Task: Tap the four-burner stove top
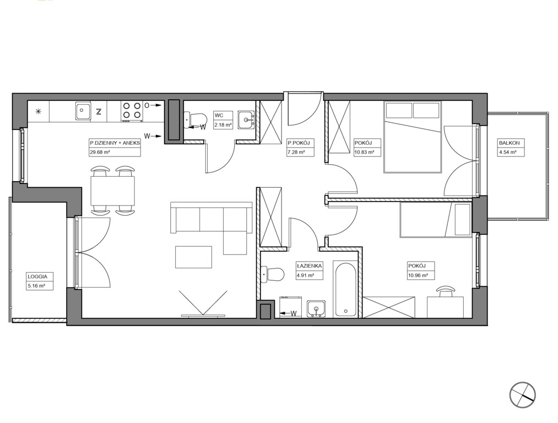[131, 110]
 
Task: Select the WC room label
[219, 116]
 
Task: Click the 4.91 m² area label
[305, 275]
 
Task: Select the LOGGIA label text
[37, 276]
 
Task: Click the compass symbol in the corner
[522, 394]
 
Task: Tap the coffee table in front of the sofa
[193, 257]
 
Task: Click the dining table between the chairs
[113, 191]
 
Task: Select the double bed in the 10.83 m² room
[413, 137]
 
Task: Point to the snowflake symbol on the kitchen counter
[38, 111]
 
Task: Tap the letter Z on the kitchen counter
[99, 111]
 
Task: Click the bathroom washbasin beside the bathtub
[316, 308]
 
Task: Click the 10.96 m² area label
[418, 275]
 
